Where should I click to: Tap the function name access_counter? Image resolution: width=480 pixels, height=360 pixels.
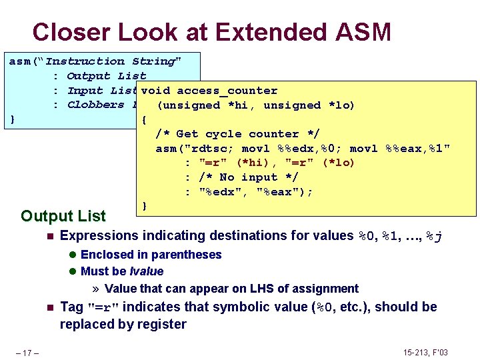click(227, 91)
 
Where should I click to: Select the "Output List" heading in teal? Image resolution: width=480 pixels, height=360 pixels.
click(63, 216)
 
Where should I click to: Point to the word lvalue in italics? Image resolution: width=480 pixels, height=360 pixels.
click(147, 271)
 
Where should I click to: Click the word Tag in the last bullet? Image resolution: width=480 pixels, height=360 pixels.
click(71, 307)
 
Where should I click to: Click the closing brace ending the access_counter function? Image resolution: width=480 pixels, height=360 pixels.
click(145, 206)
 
